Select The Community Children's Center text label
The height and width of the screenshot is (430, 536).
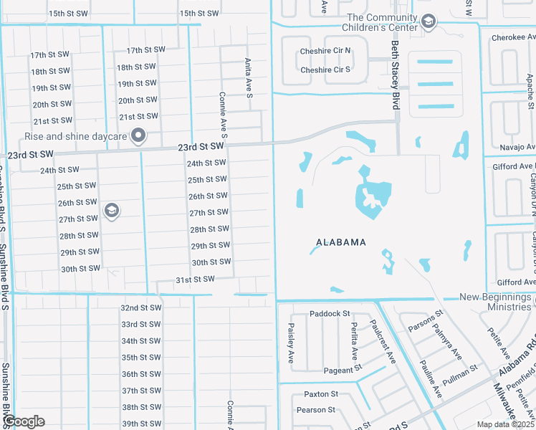(x=381, y=22)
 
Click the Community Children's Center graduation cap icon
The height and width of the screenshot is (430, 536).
(x=428, y=21)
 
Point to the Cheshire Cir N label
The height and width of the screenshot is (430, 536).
(x=325, y=51)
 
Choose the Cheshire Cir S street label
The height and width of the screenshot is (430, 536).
(x=325, y=70)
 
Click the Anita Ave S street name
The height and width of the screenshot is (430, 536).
(x=248, y=73)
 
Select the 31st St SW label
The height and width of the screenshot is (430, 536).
(x=195, y=279)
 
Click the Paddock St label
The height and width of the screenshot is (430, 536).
(x=330, y=314)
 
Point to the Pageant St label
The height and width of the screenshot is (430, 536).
(x=328, y=370)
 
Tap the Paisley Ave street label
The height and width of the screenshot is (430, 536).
(x=291, y=342)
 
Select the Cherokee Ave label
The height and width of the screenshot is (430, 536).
(x=513, y=39)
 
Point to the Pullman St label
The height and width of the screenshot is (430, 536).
(x=460, y=375)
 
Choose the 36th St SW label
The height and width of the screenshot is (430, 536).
(x=141, y=374)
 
